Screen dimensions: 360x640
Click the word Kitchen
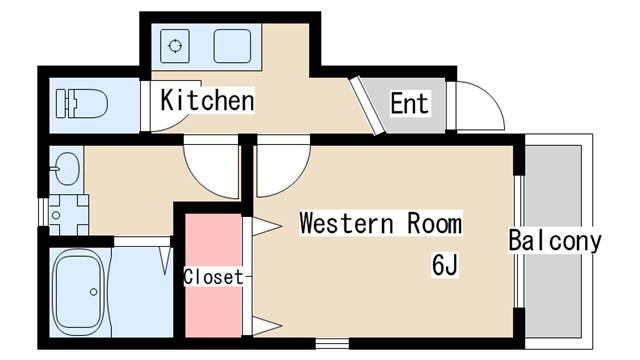point(207,101)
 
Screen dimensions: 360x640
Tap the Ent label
point(410,103)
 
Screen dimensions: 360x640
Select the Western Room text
point(381,222)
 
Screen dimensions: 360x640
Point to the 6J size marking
point(445,265)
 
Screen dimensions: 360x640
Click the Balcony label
point(555,241)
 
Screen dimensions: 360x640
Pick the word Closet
point(213,277)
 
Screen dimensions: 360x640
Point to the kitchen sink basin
point(232,45)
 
